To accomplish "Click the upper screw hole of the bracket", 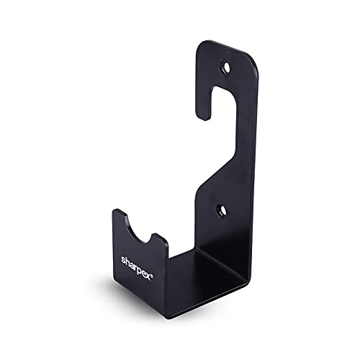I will click(x=228, y=68).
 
